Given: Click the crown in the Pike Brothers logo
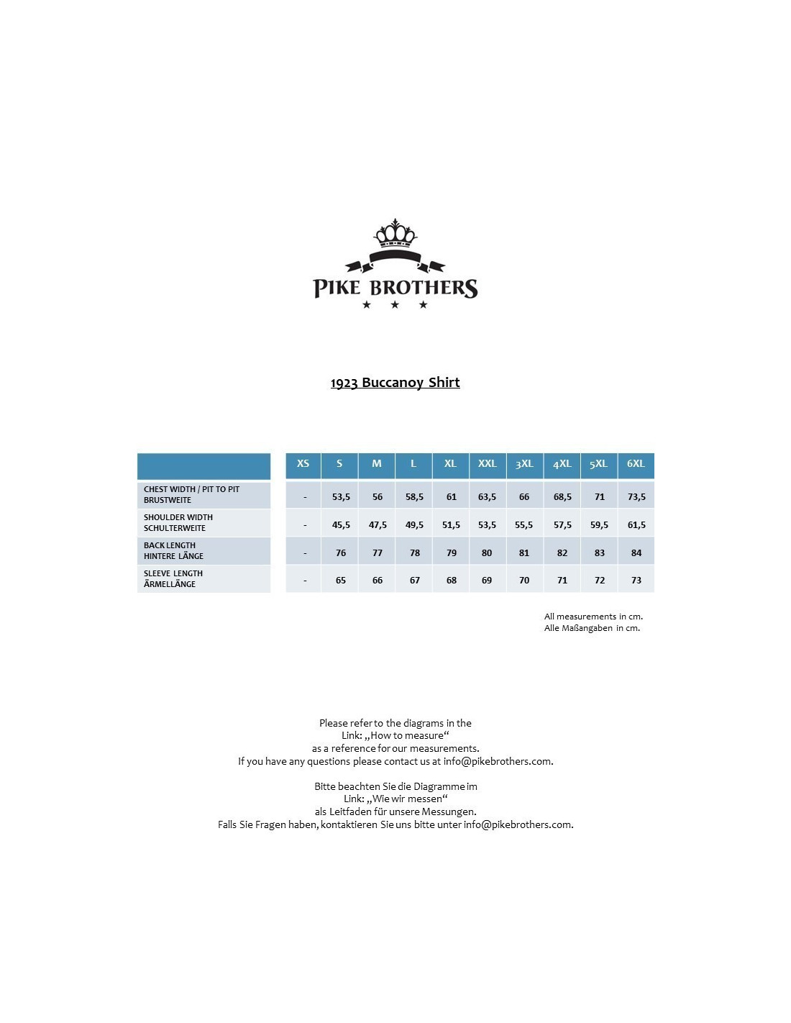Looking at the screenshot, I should coord(395,234).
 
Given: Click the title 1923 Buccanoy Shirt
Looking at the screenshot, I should coord(395,383).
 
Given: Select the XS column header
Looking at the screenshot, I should coord(303,464).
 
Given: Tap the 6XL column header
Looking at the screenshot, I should coord(636,464).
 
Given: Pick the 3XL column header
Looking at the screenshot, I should coord(524,464).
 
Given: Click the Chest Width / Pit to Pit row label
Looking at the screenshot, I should coord(191,495).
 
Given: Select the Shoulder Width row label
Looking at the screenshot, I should coord(178,523).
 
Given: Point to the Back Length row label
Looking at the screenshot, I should coord(173,551).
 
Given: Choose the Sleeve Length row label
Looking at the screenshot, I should coord(173,579).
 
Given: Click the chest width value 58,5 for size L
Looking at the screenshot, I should coord(414,497).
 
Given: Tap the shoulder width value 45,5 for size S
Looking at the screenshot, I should coord(341,525).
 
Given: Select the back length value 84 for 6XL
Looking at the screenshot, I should coord(636,553).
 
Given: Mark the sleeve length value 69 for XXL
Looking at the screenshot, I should coord(487,581).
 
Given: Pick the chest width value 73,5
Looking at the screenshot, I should coord(636,497).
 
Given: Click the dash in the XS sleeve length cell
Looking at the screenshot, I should coord(305,581).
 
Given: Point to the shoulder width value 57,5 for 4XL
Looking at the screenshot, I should coord(562,525).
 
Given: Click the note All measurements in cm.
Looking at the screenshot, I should coord(593,617).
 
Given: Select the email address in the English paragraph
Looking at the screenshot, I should coord(498,761).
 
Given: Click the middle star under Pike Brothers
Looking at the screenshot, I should coord(395,305).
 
